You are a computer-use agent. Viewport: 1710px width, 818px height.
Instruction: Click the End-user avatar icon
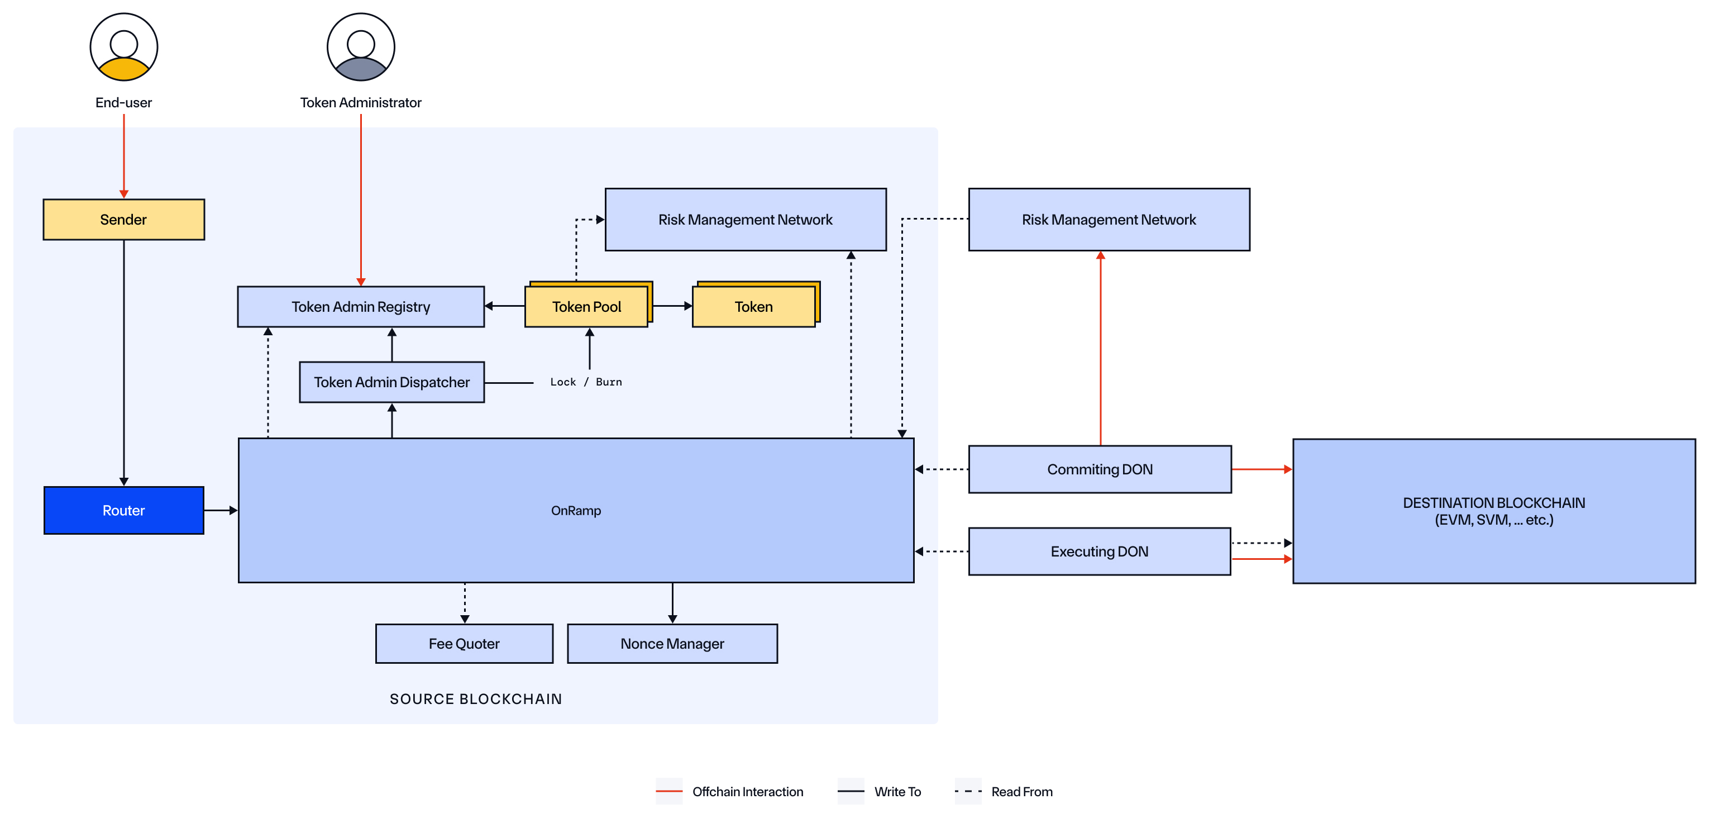coord(123,47)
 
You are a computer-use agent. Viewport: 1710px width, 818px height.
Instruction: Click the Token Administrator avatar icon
coord(360,47)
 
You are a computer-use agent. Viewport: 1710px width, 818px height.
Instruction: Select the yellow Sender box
coord(123,219)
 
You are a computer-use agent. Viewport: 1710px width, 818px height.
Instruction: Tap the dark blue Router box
coord(123,510)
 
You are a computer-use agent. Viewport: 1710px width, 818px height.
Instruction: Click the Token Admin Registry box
coord(360,306)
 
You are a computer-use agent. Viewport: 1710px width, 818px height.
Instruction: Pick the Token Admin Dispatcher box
coord(391,382)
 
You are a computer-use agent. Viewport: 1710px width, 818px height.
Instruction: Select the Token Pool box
coord(586,306)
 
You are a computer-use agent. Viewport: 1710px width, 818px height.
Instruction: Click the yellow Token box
coord(753,306)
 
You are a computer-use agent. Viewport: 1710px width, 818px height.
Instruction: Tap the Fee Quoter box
coord(464,643)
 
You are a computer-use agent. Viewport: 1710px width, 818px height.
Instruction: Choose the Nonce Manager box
coord(672,643)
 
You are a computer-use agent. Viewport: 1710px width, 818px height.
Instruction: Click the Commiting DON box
coord(1099,469)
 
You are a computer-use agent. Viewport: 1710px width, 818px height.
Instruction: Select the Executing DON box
coord(1099,551)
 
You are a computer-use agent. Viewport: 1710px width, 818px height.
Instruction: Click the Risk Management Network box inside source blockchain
coord(745,219)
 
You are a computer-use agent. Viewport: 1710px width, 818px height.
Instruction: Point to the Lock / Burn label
coord(585,382)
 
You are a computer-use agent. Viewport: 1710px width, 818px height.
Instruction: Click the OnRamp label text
coord(576,510)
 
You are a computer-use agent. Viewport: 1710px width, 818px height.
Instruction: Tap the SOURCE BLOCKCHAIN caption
coord(475,698)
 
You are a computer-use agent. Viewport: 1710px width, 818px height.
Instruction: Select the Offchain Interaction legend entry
coord(747,791)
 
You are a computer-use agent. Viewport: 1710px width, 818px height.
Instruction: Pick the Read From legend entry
coord(1021,791)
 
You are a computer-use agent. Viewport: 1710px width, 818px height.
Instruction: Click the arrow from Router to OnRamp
coord(221,510)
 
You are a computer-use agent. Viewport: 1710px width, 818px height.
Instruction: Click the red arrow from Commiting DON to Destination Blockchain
coord(1261,469)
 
